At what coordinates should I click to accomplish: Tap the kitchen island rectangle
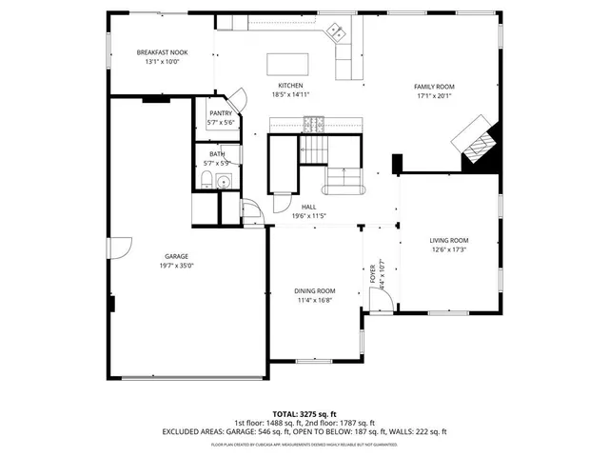coord(289,64)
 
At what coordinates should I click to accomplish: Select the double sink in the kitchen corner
coord(336,33)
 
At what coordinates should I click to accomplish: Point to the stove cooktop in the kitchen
coord(313,122)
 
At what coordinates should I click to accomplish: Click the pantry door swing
coord(236,96)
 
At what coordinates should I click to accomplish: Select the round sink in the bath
coord(225,181)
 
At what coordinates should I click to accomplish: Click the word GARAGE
coord(176,256)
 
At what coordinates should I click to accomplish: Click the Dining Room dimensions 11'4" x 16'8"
coord(313,300)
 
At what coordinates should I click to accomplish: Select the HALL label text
coord(308,207)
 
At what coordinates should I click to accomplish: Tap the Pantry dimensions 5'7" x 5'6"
coord(221,123)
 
